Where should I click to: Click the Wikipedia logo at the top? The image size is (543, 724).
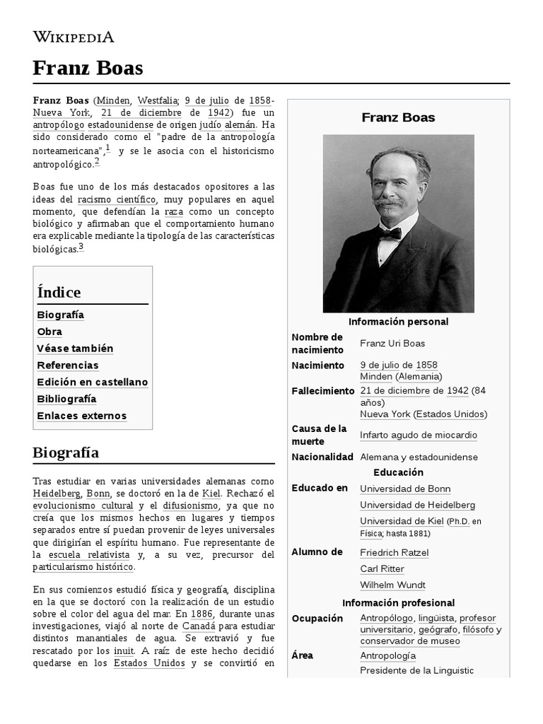74,37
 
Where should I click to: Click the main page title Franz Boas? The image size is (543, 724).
88,68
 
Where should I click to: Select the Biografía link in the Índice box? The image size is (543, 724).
60,315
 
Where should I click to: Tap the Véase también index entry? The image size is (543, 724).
75,349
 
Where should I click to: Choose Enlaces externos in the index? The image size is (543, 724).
81,416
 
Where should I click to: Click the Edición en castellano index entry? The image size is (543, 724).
92,382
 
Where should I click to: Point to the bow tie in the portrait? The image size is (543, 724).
389,233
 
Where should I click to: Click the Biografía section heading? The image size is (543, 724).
66,452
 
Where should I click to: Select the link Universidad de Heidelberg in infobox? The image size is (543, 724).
417,505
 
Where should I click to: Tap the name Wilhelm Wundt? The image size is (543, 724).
392,585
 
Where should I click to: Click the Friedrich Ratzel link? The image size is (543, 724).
394,552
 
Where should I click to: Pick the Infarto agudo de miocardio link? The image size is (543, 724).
419,435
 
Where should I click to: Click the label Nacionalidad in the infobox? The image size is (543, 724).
322,457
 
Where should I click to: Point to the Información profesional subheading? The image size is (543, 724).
398,602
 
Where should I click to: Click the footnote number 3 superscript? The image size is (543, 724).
81,247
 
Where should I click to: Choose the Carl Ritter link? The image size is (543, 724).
382,568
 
